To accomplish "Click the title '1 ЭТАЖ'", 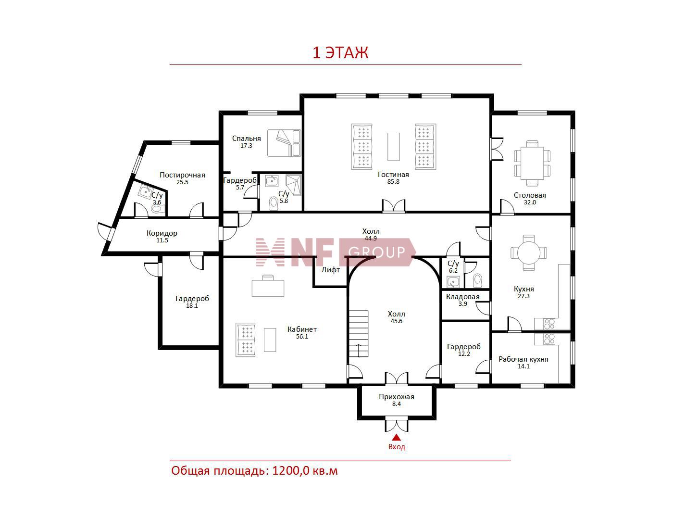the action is point(340,53).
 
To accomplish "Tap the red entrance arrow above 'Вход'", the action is point(396,437).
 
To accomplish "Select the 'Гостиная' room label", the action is point(393,175).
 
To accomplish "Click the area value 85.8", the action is point(393,181).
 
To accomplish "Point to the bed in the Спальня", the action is point(284,143).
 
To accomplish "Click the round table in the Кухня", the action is point(529,252).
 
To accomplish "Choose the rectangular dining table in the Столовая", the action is point(532,163).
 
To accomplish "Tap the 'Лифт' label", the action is point(331,270).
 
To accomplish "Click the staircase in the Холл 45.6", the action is point(359,334).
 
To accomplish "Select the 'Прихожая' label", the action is point(396,397).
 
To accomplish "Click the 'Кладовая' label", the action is point(462,297).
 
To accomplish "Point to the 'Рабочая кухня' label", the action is point(523,359).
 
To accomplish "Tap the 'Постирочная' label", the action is point(182,175).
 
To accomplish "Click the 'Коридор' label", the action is point(162,233).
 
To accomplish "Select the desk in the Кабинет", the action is point(268,287).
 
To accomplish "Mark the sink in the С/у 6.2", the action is point(453,281).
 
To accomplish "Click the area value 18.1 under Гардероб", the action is point(192,306).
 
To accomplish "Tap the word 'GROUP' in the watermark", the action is point(376,252).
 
